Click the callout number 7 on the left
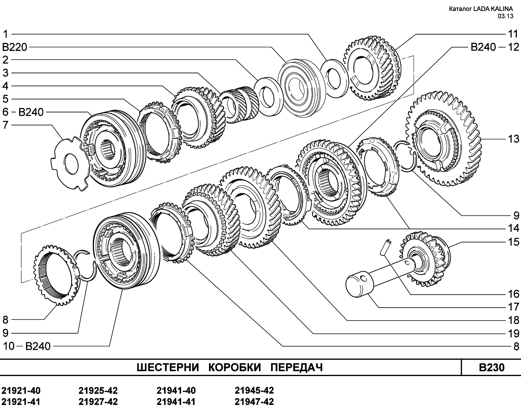coord(5,125)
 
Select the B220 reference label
coord(15,47)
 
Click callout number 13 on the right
coord(513,139)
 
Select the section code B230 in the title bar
coord(492,368)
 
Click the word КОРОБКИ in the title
coord(234,368)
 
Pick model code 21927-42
coord(98,402)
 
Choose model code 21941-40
coord(176,391)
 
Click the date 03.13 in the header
coord(506,16)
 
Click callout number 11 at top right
coord(513,34)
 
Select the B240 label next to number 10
coord(38,346)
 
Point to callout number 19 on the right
coord(513,334)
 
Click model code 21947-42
coord(254,402)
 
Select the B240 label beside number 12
coord(483,47)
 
